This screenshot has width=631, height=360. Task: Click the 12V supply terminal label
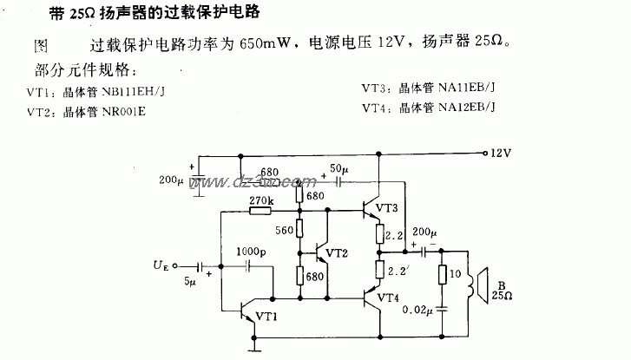501,154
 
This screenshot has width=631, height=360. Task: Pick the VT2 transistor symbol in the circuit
322,252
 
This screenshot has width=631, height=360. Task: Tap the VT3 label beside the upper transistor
388,207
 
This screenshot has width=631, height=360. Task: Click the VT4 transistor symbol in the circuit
374,298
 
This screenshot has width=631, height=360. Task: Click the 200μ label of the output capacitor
425,232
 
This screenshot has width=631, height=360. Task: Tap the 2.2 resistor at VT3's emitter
379,235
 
